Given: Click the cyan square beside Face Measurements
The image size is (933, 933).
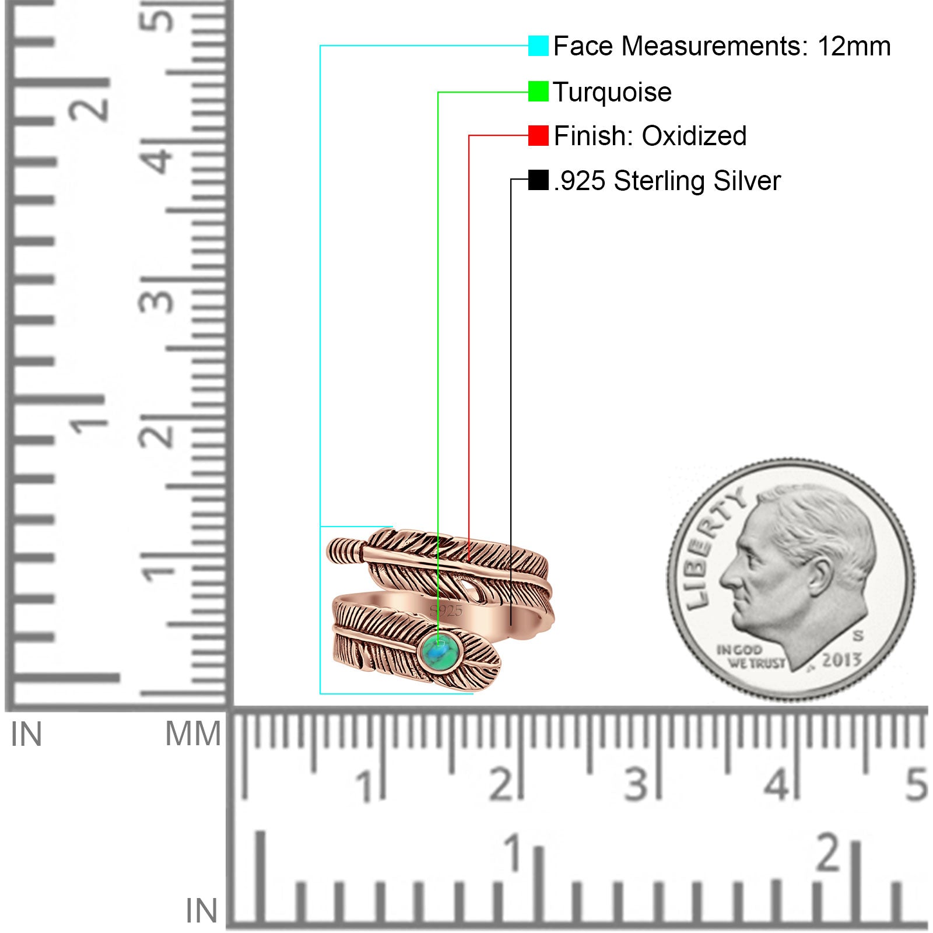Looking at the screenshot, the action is point(538,45).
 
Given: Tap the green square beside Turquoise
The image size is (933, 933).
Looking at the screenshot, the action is point(538,92).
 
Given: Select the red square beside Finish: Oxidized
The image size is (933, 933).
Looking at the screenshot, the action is point(538,135).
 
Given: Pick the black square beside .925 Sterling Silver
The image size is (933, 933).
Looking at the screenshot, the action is point(538,180).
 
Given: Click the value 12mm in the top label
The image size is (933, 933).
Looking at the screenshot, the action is point(854,46).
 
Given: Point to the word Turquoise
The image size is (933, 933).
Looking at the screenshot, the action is point(612,92).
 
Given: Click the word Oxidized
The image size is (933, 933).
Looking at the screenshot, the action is point(694,136).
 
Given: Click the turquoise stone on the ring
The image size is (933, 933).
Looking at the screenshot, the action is point(441,651).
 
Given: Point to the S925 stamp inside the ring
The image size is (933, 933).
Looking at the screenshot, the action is point(446,611).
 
